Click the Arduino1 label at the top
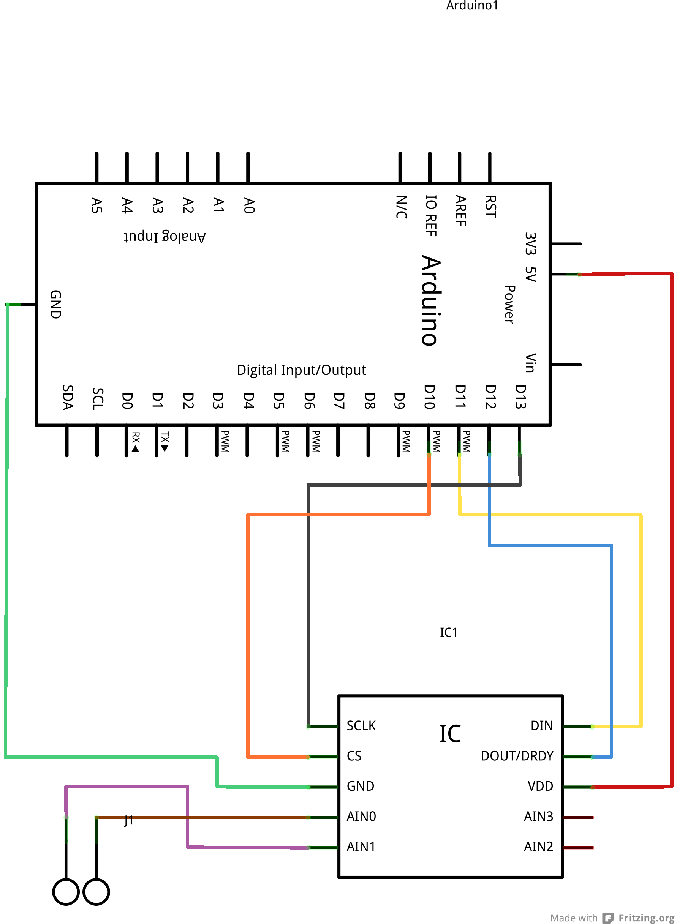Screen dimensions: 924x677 point(472,6)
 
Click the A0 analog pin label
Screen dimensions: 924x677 point(249,205)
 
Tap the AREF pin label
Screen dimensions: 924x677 point(460,210)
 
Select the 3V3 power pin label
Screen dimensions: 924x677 point(530,244)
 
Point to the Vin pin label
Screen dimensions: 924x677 point(530,363)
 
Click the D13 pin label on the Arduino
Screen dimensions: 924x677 point(520,397)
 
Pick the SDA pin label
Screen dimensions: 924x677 point(68,397)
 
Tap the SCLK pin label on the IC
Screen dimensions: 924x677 point(361,726)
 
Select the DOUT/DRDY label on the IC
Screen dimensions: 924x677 point(517,756)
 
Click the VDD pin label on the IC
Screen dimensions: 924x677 point(540,787)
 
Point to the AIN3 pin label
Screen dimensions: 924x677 point(538,817)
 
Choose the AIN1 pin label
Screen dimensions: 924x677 point(361,847)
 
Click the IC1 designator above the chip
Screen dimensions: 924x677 point(448,632)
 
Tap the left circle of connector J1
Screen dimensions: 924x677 point(66,892)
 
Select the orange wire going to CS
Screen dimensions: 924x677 point(248,635)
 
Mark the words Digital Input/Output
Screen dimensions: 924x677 point(301,370)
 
